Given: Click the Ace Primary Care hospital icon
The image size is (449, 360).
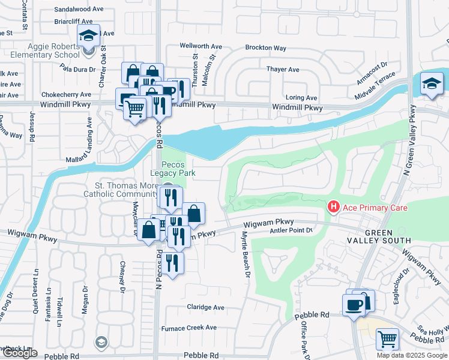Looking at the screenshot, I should click(x=333, y=208).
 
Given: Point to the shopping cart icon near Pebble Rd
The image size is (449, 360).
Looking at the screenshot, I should click(x=387, y=339).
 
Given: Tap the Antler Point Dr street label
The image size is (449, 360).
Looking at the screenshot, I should click(x=292, y=230).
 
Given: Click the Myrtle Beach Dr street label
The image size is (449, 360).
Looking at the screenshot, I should click(x=246, y=255).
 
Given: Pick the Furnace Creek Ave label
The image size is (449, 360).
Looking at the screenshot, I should click(x=188, y=328).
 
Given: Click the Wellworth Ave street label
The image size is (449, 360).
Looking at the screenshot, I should click(x=200, y=46).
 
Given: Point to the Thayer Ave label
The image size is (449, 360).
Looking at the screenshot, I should click(x=283, y=70).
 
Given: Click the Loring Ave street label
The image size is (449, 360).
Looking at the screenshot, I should click(x=301, y=98).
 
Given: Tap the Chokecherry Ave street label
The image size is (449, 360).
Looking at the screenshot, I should click(x=66, y=94).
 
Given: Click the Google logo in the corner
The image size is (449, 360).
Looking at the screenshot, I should click(x=19, y=353).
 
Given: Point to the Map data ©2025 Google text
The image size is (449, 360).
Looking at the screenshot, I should click(x=412, y=355).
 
